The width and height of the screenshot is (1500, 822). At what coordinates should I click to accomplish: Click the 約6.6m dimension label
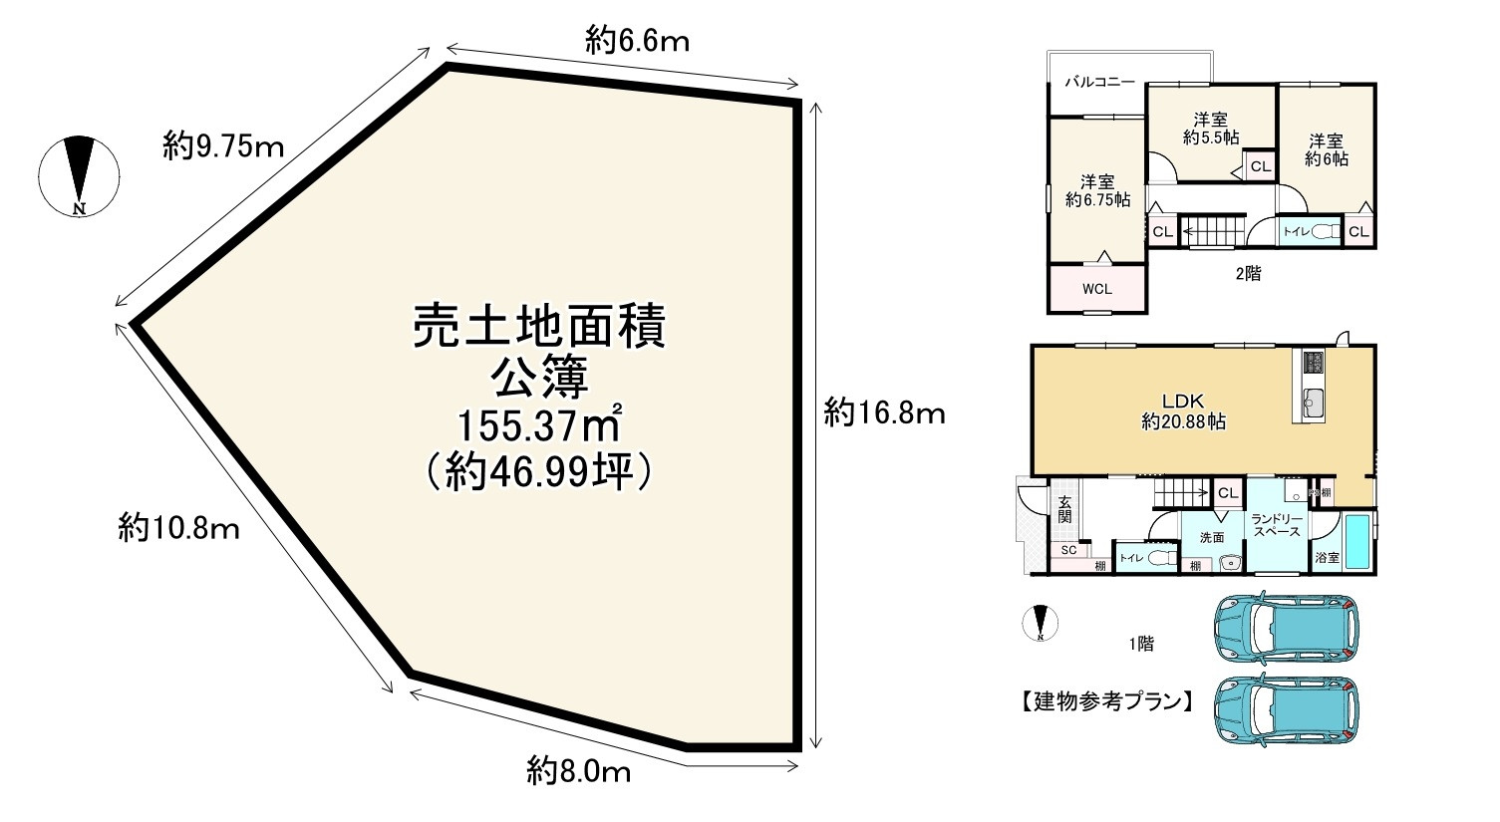click(x=638, y=41)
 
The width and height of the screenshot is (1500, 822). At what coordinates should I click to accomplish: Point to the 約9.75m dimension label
click(x=224, y=147)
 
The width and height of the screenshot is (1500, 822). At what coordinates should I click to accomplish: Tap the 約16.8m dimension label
click(x=884, y=411)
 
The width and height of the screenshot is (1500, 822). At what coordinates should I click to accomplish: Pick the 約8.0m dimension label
click(x=579, y=770)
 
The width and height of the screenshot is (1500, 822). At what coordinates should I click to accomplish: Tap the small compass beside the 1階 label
click(x=1041, y=623)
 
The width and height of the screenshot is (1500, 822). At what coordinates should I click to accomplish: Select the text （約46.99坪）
click(x=538, y=473)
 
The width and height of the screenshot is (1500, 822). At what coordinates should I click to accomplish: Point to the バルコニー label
click(x=1099, y=82)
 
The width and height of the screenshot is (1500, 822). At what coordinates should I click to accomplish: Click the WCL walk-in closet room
click(x=1096, y=288)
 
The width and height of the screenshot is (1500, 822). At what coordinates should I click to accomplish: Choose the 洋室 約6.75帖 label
click(x=1097, y=190)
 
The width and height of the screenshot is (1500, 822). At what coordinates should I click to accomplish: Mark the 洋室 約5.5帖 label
click(x=1210, y=128)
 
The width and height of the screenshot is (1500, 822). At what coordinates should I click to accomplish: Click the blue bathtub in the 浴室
click(x=1357, y=541)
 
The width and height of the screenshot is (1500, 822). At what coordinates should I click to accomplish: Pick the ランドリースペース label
click(x=1276, y=524)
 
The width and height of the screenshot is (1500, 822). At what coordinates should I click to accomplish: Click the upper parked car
click(x=1286, y=629)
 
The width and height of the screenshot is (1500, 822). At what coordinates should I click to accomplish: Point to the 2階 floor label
click(x=1247, y=273)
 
